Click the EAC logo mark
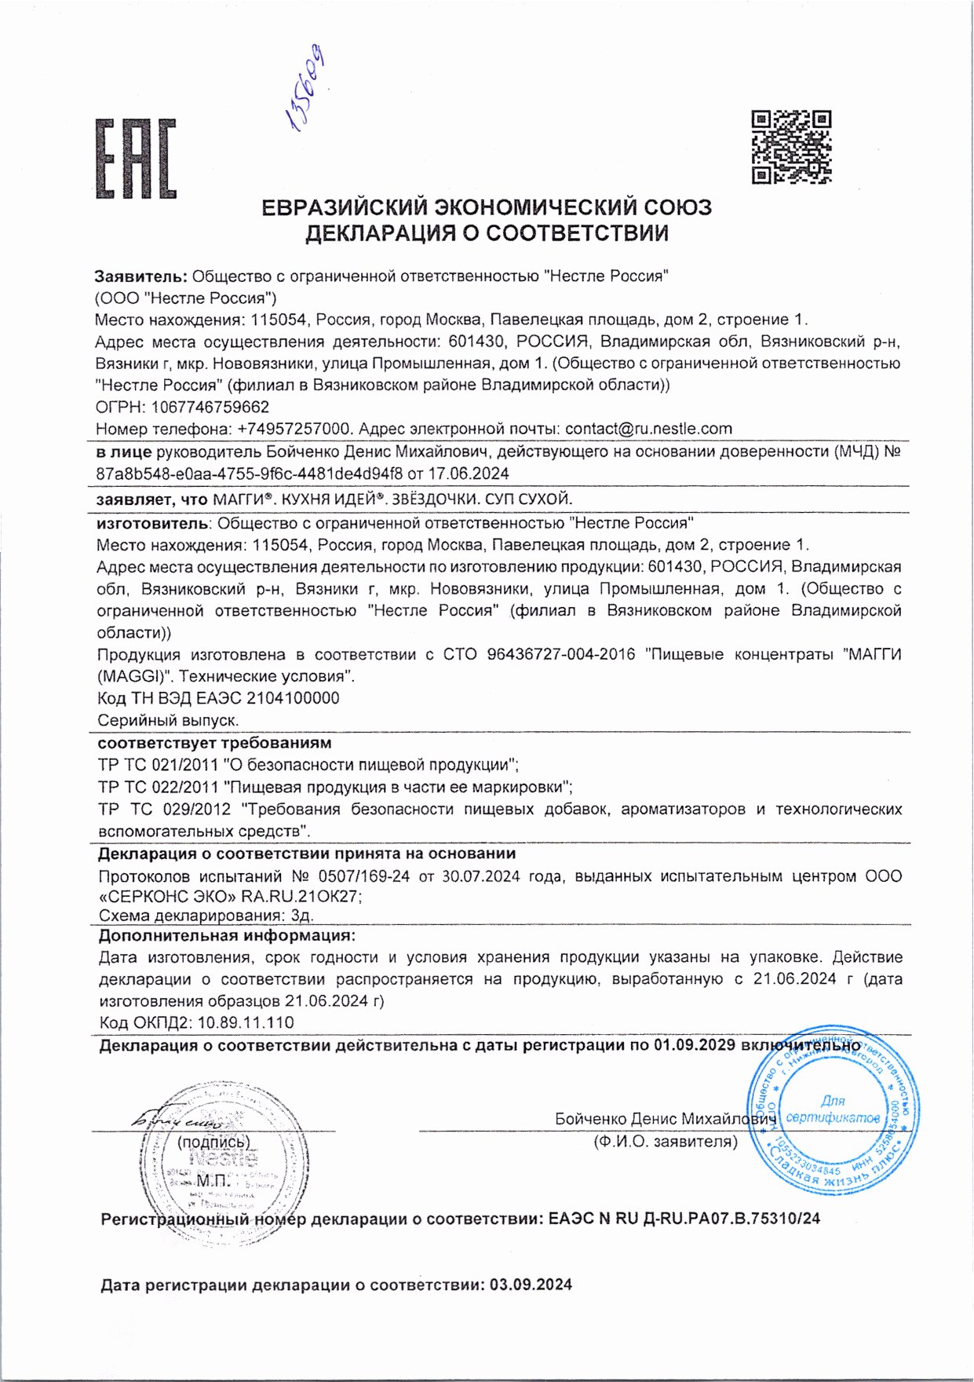click(136, 159)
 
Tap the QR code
click(790, 147)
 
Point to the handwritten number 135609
click(307, 86)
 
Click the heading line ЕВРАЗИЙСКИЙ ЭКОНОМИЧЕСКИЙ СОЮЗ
click(487, 207)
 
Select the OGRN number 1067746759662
click(210, 407)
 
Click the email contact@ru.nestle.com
click(648, 429)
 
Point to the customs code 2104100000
click(293, 698)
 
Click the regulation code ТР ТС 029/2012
click(165, 809)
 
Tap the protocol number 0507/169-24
click(363, 876)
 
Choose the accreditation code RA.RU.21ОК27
click(301, 897)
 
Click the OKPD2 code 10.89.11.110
click(246, 1022)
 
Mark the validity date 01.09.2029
click(694, 1045)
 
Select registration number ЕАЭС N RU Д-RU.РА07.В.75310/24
click(684, 1219)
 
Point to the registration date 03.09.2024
click(531, 1285)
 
